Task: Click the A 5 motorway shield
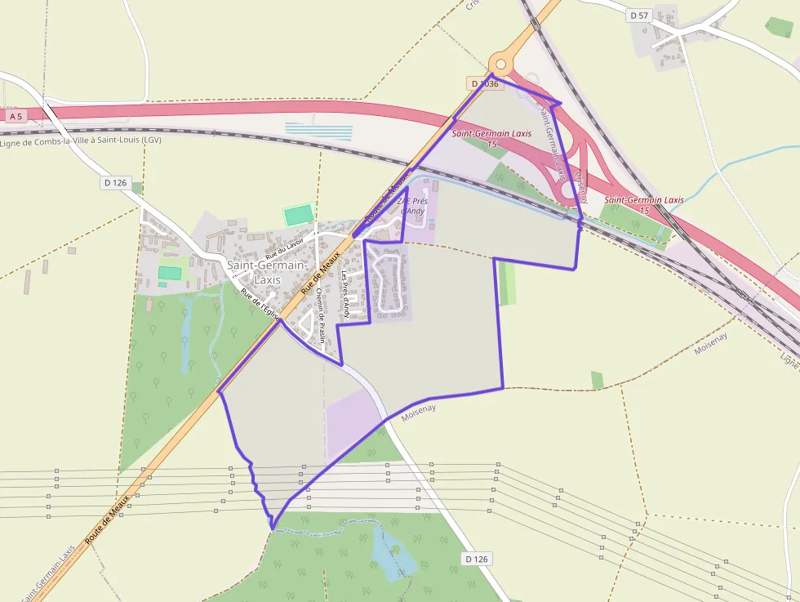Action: pos(16,117)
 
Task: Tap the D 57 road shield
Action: pos(639,16)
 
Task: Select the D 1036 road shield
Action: pos(484,83)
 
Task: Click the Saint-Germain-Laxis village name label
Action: pos(266,272)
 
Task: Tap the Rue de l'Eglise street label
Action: pos(260,303)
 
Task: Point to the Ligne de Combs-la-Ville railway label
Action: pos(81,140)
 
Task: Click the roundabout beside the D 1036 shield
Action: pos(500,64)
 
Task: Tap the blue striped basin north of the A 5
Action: pos(318,132)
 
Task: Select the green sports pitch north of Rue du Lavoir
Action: pos(299,215)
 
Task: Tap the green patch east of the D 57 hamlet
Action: pos(779,27)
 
